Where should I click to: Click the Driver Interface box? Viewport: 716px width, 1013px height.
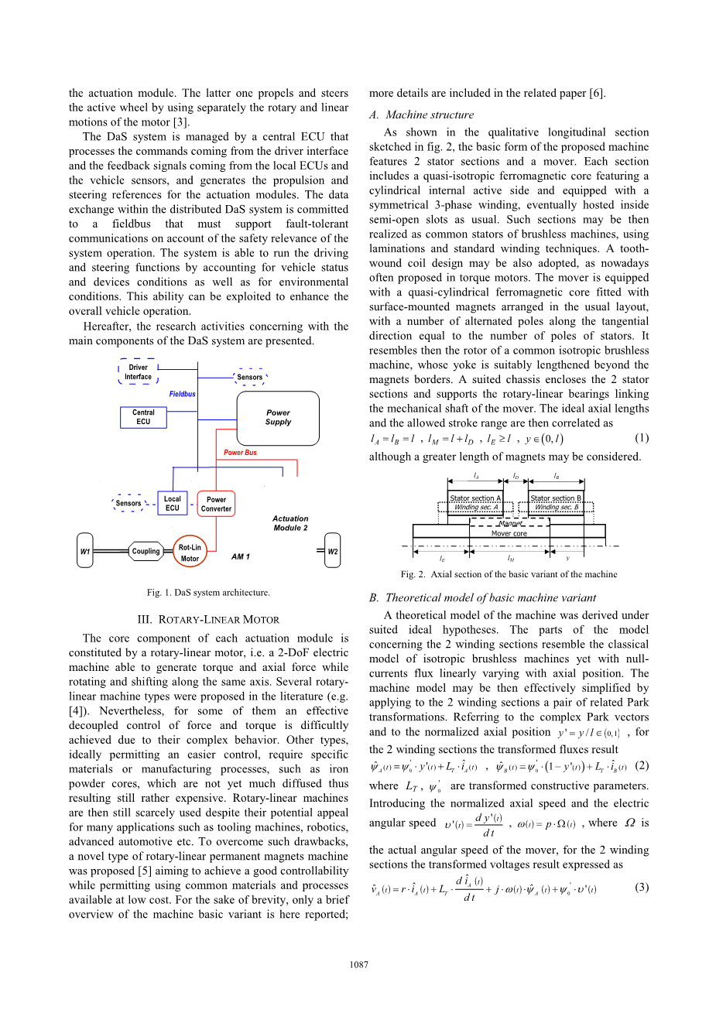[x=139, y=372]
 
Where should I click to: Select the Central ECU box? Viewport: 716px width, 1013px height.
[x=143, y=417]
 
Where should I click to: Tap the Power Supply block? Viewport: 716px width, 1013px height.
[x=278, y=418]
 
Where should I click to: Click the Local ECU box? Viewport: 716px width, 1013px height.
[x=172, y=504]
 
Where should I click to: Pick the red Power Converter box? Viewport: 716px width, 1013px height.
[x=216, y=504]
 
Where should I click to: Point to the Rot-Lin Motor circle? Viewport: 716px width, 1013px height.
[x=190, y=553]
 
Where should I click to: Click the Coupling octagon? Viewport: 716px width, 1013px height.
[x=146, y=552]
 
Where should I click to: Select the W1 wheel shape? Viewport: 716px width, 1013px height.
[x=85, y=552]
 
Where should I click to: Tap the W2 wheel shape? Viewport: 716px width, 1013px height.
[x=332, y=552]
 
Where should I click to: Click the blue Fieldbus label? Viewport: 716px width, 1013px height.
[x=183, y=394]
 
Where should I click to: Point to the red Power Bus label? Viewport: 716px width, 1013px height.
[x=240, y=453]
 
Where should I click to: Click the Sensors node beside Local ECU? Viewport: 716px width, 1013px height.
[x=128, y=503]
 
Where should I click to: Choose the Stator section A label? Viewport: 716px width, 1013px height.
[x=475, y=498]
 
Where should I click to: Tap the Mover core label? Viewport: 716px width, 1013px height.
[x=509, y=533]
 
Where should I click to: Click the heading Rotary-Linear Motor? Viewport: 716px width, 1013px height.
[x=208, y=620]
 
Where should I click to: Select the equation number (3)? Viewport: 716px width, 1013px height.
[x=641, y=887]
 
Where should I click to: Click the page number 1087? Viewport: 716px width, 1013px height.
[x=358, y=964]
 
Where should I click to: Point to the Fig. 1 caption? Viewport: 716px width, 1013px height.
[x=208, y=593]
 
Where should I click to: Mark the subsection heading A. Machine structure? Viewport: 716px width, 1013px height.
[x=421, y=115]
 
